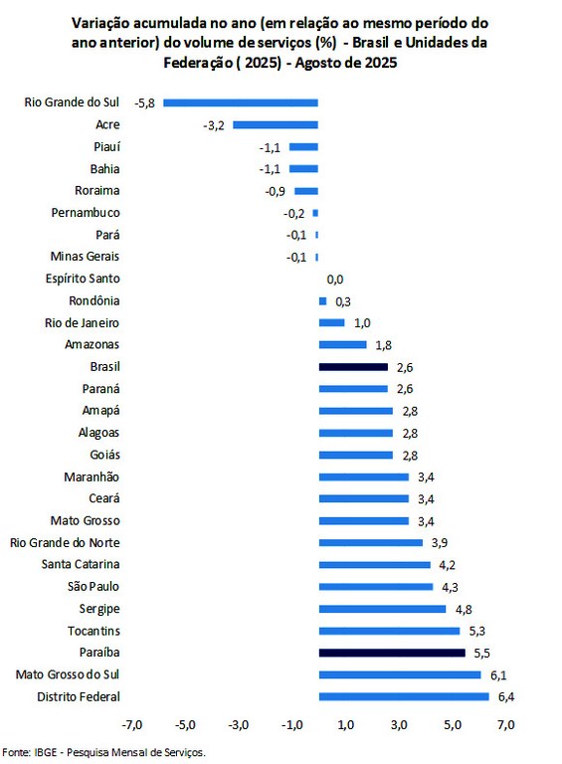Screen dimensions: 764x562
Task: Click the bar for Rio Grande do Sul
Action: point(241,102)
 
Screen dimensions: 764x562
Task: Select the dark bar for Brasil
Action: point(353,367)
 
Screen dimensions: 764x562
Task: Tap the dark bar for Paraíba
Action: point(392,653)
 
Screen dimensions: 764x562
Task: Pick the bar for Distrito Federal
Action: point(404,696)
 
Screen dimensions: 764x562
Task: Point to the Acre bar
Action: point(276,124)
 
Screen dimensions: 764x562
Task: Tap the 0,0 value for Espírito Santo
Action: point(335,280)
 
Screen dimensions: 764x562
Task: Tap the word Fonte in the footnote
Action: point(15,752)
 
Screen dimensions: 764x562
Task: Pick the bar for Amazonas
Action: point(342,345)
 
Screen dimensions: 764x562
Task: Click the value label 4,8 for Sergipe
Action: point(465,609)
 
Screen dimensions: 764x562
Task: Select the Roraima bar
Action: point(306,190)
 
